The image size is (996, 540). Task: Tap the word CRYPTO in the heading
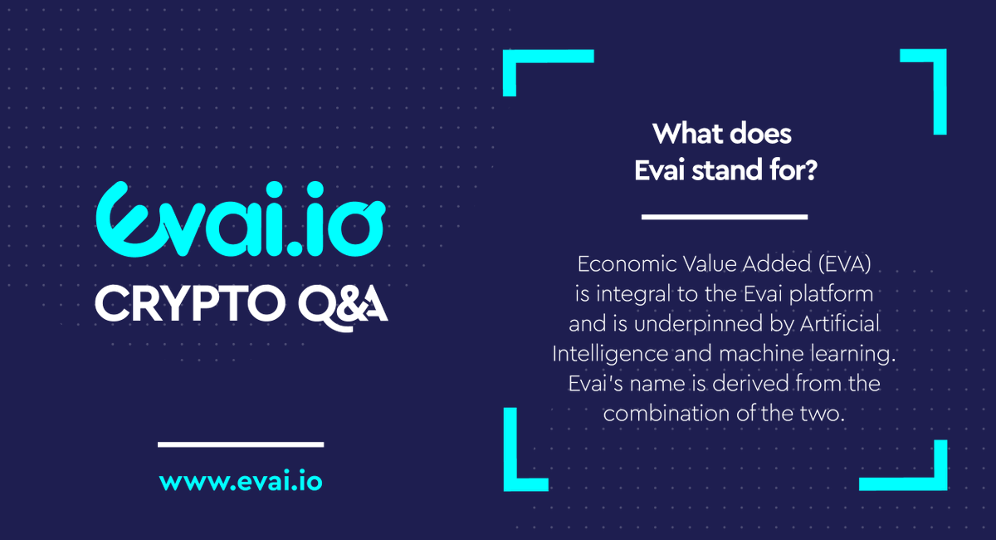point(186,303)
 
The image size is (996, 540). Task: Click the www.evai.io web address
point(240,482)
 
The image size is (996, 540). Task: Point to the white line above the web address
point(240,444)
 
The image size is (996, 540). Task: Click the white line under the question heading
point(724,217)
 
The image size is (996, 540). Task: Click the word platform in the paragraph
point(834,295)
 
